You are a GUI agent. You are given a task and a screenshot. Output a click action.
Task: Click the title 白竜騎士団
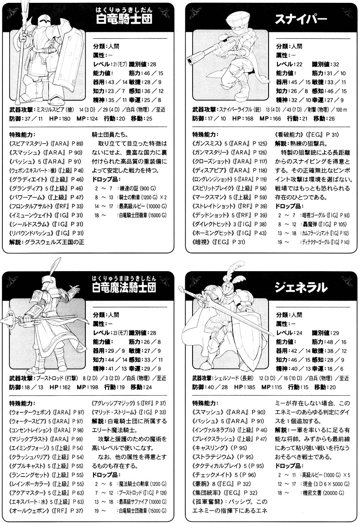point(124,19)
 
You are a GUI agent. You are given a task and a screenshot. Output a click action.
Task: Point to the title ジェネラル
point(301,287)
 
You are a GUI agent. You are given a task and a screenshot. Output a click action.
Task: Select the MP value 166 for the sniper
point(276,118)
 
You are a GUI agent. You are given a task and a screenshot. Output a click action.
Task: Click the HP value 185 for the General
point(251,387)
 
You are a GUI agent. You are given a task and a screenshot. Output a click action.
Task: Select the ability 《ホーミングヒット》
point(213,233)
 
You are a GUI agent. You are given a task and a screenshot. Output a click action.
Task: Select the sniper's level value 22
point(299,64)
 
